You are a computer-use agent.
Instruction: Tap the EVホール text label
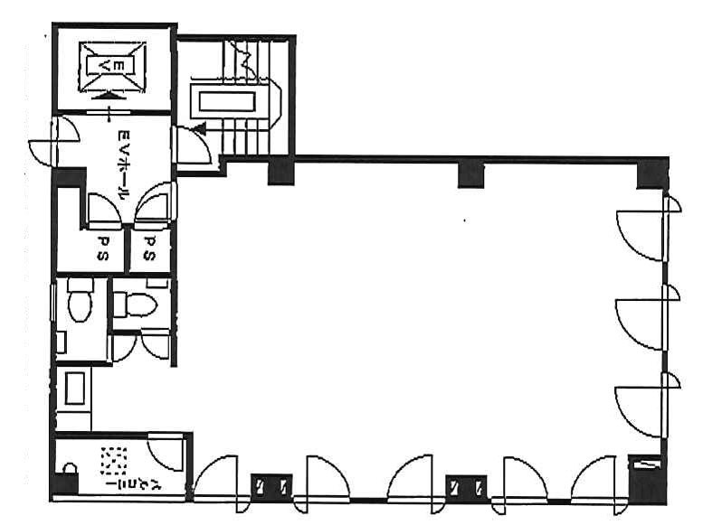click(123, 165)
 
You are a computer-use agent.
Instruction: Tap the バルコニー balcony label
click(110, 466)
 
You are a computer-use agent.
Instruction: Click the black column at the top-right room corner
click(653, 173)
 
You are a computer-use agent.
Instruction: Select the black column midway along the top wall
click(470, 174)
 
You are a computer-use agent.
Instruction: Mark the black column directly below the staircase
click(280, 170)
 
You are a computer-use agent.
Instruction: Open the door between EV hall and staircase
click(193, 145)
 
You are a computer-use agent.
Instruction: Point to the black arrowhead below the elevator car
click(108, 96)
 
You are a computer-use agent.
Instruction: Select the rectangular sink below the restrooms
click(75, 388)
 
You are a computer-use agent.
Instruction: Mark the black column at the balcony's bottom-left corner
click(63, 484)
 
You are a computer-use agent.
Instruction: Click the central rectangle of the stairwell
click(227, 101)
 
